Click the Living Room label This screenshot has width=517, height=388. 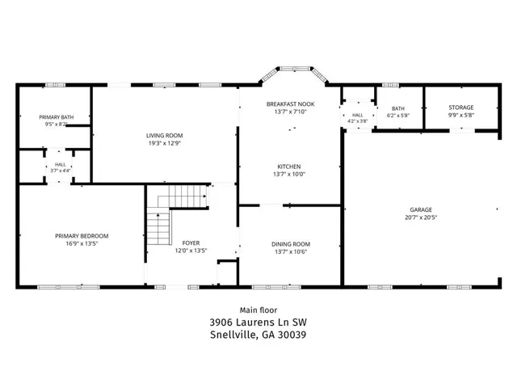click(164, 136)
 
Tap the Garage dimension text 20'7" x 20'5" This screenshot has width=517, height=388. click(421, 217)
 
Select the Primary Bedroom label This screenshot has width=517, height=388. click(82, 236)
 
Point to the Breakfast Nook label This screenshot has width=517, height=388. click(290, 104)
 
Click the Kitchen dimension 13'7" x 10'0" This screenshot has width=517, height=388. click(289, 175)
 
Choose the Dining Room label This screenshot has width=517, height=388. click(291, 244)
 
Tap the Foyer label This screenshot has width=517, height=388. click(191, 242)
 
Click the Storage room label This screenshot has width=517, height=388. click(461, 108)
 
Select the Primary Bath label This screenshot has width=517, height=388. click(57, 117)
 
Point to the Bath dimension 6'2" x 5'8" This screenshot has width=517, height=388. click(398, 116)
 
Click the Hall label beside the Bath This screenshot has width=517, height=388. click(357, 115)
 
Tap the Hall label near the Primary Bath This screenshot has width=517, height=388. click(60, 164)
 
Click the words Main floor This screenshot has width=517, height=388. click(258, 310)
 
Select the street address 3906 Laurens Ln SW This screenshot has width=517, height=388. click(258, 322)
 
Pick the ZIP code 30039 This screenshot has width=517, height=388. click(292, 335)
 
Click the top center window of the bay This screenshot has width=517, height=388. click(295, 69)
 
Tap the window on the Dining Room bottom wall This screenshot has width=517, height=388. click(276, 287)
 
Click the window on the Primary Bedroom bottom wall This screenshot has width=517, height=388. click(68, 287)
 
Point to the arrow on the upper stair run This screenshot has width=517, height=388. click(204, 196)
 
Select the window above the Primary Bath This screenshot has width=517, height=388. click(55, 85)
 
